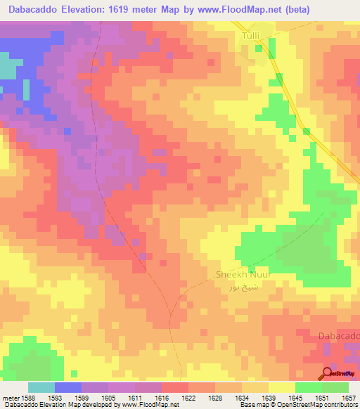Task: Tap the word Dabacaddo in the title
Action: tap(34, 10)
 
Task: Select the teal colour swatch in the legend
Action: tap(41, 387)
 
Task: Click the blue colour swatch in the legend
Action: tap(68, 387)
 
